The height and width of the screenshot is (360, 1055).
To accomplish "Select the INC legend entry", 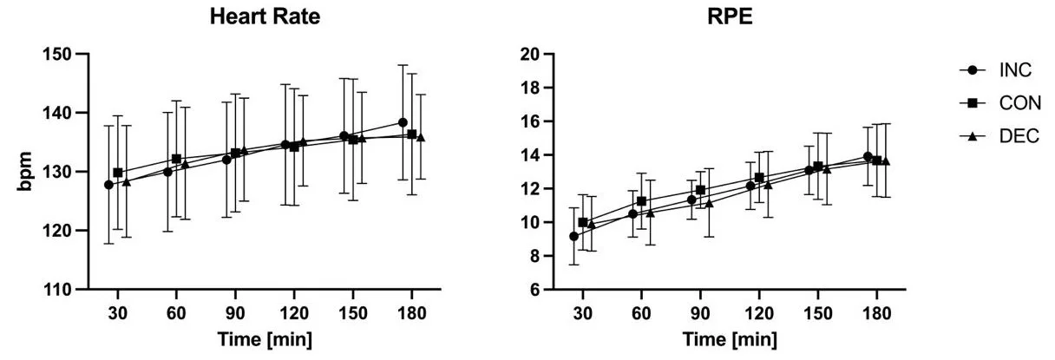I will tap(996, 70).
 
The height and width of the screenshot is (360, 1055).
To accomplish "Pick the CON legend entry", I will tap(996, 103).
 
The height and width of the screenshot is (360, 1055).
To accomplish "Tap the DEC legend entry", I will tap(996, 136).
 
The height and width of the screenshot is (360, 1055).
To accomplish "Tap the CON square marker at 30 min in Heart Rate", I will tap(118, 173).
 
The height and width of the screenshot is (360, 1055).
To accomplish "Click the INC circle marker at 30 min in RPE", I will tap(573, 236).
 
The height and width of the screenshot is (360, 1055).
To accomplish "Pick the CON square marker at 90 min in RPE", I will tap(700, 190).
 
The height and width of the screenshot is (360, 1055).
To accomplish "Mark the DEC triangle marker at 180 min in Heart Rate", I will tap(421, 137).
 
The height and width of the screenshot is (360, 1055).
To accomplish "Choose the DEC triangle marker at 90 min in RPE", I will tap(709, 203).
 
